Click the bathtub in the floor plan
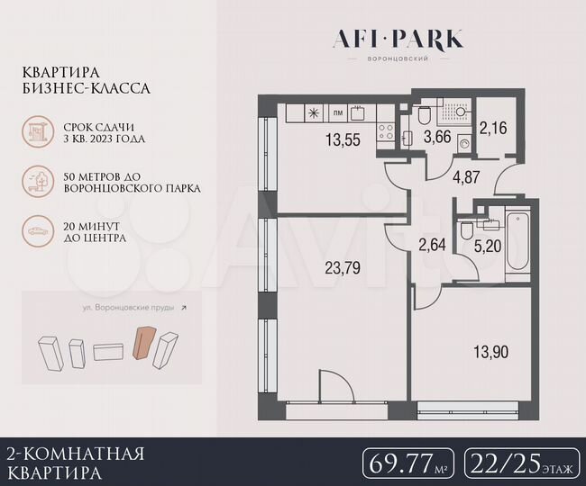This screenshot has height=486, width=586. pyautogui.click(x=517, y=240)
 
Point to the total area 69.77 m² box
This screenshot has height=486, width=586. pyautogui.click(x=407, y=463)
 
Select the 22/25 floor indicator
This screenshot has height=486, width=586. pyautogui.click(x=518, y=463)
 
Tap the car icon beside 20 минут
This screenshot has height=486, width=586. pyautogui.click(x=41, y=231)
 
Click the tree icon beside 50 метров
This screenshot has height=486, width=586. pyautogui.click(x=41, y=184)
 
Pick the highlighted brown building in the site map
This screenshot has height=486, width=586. pyautogui.click(x=142, y=343)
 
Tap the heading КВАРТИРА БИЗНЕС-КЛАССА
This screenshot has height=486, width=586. pyautogui.click(x=87, y=80)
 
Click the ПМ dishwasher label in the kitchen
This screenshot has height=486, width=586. pyautogui.click(x=337, y=113)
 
